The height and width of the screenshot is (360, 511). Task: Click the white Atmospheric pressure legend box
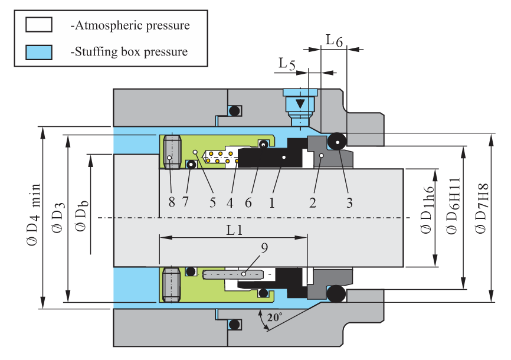tap(39, 25)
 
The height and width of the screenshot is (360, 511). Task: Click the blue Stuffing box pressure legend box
tap(39, 52)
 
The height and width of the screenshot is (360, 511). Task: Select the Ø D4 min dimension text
tap(30, 218)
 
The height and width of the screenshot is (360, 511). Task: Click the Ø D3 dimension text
tap(57, 217)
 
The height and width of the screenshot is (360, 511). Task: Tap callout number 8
tap(171, 202)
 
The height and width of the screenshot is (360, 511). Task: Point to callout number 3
tap(349, 202)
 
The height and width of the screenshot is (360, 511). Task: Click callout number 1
tap(271, 202)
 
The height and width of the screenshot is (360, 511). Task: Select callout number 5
tap(212, 202)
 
